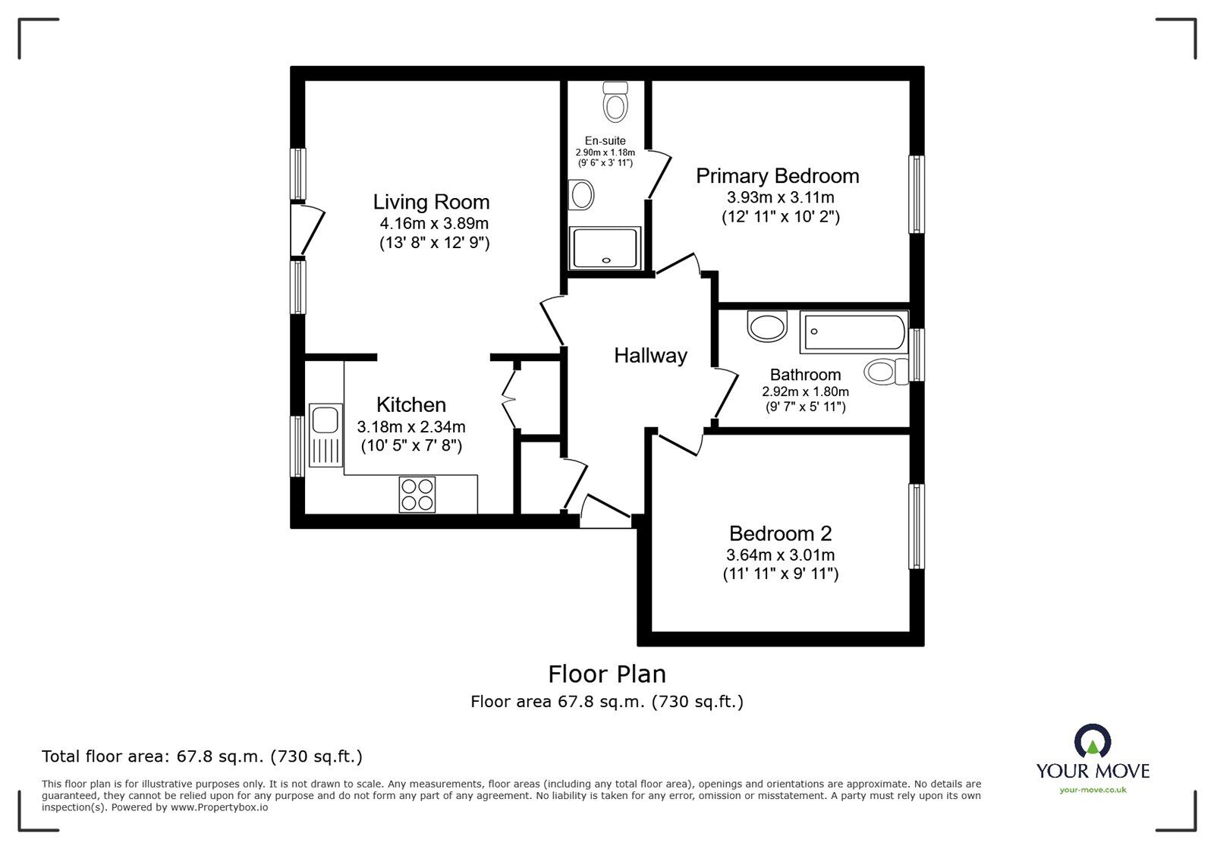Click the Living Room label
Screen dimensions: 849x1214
click(431, 202)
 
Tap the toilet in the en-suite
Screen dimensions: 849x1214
click(615, 102)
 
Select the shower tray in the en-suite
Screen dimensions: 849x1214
click(606, 247)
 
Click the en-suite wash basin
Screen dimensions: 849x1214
click(582, 194)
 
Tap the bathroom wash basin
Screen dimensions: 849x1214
click(767, 327)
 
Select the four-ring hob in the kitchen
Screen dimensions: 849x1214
click(417, 494)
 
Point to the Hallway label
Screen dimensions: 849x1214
click(650, 355)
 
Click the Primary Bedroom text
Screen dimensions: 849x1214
click(778, 176)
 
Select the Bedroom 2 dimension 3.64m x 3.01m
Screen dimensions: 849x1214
click(781, 555)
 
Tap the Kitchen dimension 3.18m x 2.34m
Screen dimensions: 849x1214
click(411, 426)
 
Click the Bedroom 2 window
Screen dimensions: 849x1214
click(917, 527)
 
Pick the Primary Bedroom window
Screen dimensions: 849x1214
click(917, 194)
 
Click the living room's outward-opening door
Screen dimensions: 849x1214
click(311, 228)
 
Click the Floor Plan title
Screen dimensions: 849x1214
click(607, 674)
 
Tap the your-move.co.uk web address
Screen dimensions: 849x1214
click(1093, 790)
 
